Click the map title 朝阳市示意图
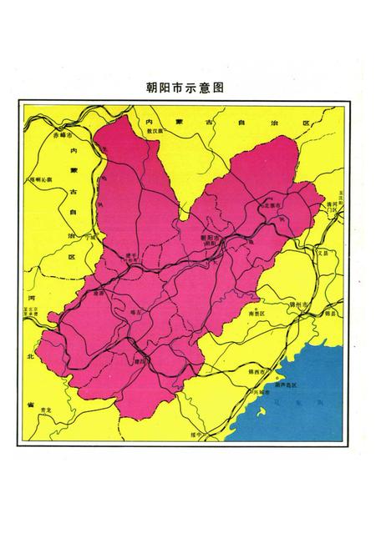(187, 86)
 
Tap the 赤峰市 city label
(62, 134)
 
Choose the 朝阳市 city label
(211, 238)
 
